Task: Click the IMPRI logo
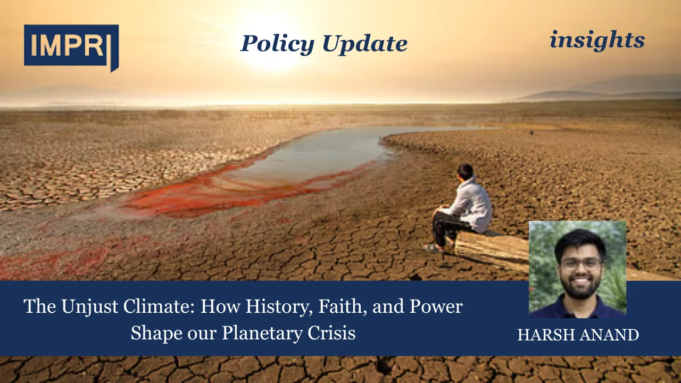[71, 46]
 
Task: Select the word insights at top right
[597, 40]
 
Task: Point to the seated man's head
[465, 172]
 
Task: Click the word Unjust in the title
[87, 306]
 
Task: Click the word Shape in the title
[155, 332]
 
